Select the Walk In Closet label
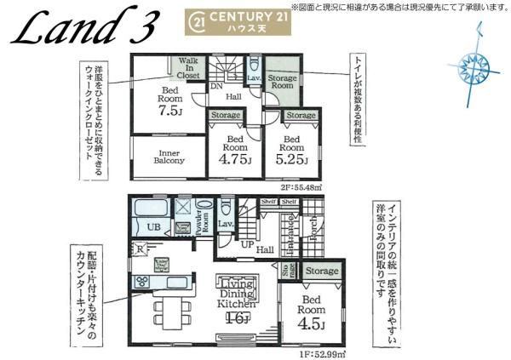(189, 68)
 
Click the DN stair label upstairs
(216, 86)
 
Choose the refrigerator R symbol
(138, 249)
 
